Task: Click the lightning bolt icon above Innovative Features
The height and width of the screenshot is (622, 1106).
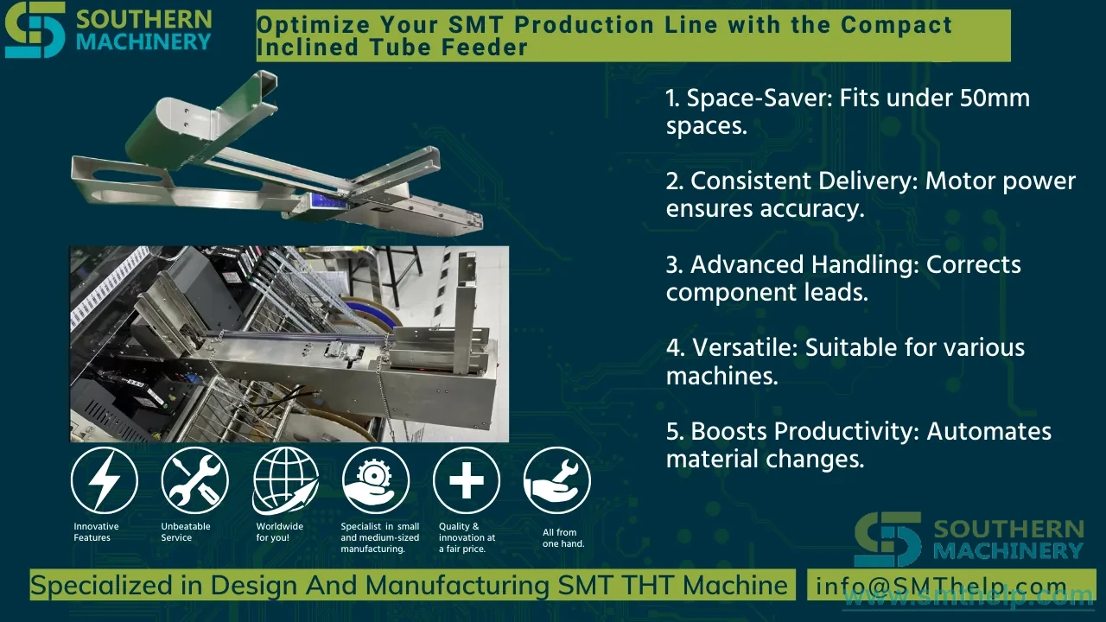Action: click(105, 480)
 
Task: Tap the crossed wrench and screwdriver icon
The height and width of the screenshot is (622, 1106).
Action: click(194, 480)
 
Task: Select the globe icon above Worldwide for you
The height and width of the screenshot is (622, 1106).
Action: click(285, 480)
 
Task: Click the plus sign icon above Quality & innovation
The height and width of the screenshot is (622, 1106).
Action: click(466, 480)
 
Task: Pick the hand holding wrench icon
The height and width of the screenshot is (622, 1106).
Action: click(557, 480)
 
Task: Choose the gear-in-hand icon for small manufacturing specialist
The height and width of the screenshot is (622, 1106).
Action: click(376, 480)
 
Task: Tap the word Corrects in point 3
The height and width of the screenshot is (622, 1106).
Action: click(973, 264)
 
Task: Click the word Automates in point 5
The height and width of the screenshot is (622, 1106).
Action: click(989, 431)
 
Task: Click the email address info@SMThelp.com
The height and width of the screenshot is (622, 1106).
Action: click(941, 586)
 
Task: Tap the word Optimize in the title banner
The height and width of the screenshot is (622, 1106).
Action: click(313, 25)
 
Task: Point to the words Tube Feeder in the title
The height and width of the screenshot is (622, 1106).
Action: click(448, 48)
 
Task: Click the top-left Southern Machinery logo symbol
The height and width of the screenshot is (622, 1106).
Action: click(35, 29)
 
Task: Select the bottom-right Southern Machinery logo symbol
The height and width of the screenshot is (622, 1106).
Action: click(887, 539)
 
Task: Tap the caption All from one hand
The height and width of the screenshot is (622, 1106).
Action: click(563, 538)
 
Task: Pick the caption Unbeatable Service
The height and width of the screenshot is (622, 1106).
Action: click(186, 532)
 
